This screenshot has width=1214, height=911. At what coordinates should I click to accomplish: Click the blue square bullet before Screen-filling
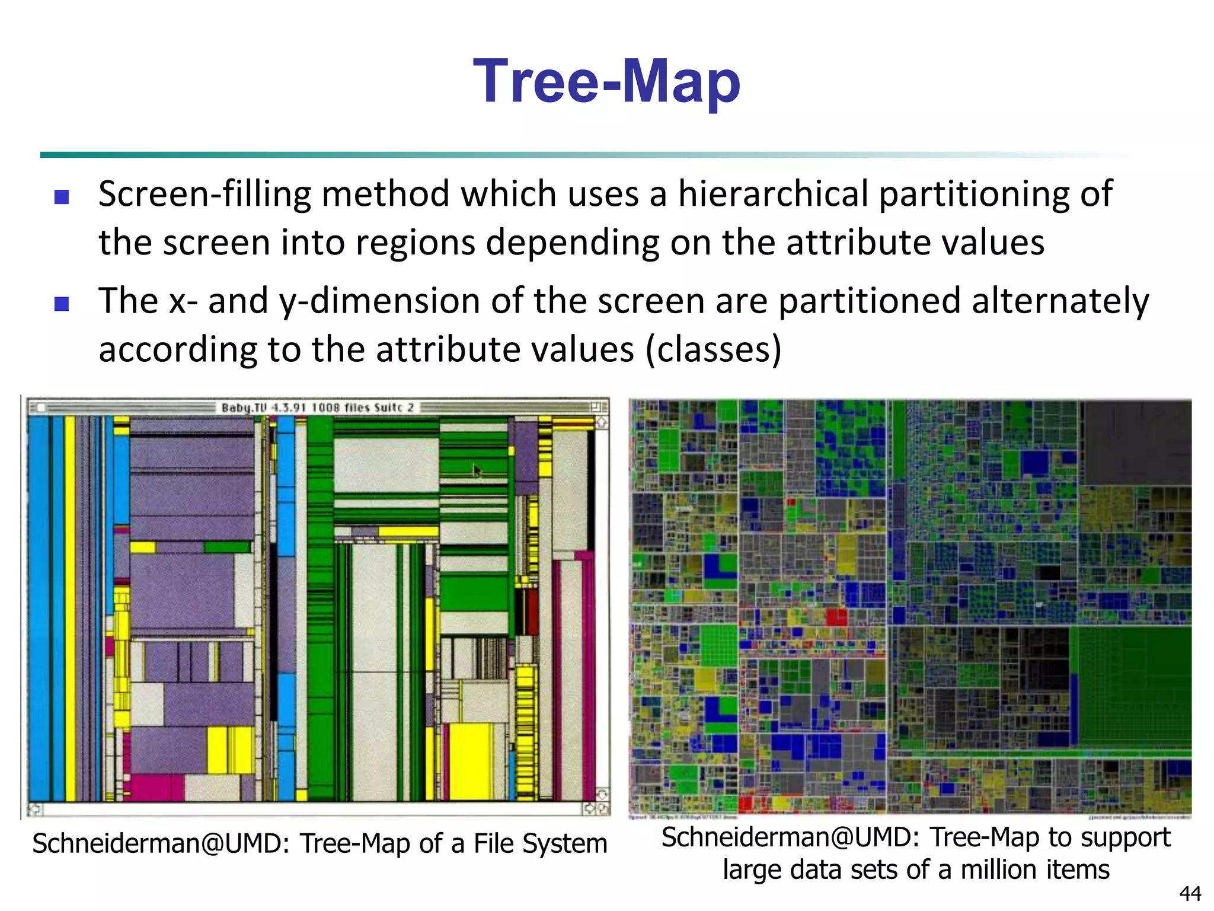click(62, 197)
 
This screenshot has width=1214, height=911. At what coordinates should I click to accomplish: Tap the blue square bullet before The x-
click(62, 304)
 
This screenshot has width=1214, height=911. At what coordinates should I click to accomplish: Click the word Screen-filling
click(205, 195)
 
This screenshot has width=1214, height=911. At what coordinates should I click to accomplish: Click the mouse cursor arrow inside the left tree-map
click(477, 471)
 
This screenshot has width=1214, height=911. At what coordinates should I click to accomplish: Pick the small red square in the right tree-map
click(836, 616)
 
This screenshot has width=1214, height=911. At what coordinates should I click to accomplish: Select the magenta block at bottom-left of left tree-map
click(156, 787)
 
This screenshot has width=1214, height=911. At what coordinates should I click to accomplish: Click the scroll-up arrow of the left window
click(602, 422)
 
